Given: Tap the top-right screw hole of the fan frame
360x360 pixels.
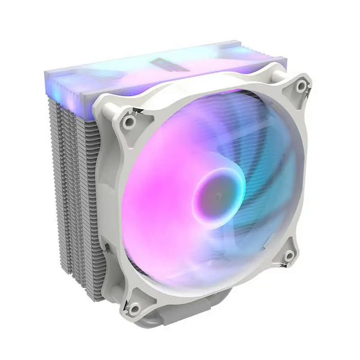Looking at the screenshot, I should [x=301, y=87].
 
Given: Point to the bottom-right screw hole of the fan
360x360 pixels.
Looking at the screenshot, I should [x=289, y=256].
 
